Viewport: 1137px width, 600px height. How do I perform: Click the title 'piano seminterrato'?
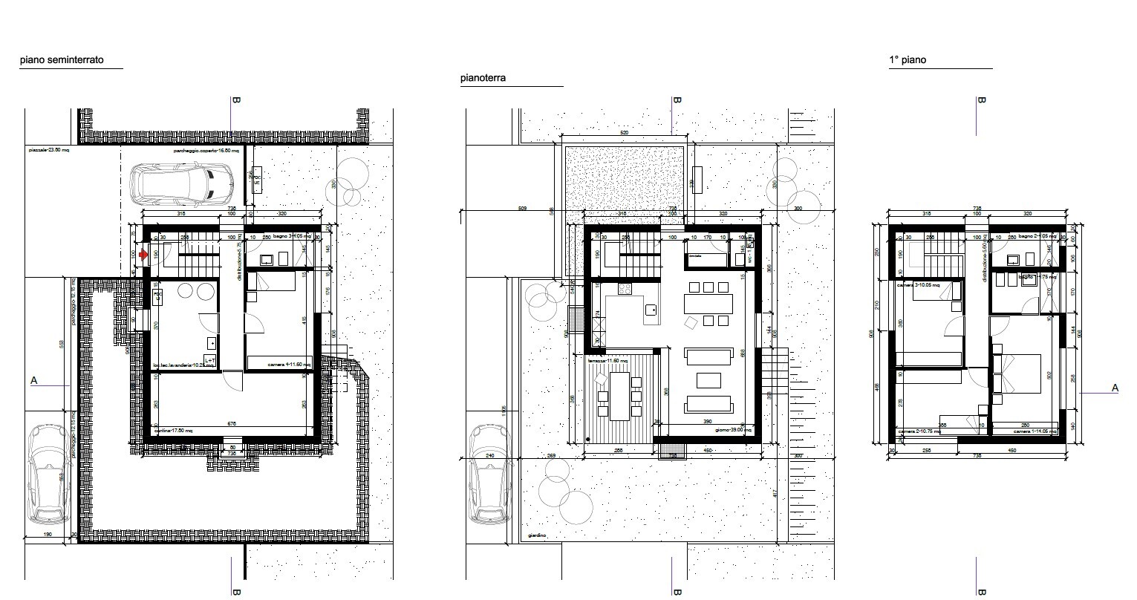point(62,59)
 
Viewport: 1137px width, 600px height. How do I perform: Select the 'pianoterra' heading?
point(483,77)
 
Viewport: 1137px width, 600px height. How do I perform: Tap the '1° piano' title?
point(907,60)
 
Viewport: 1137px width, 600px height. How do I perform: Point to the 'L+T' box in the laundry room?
point(209,360)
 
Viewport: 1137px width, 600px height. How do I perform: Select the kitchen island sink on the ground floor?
point(652,309)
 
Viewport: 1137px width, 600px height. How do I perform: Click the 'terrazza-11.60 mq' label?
point(608,360)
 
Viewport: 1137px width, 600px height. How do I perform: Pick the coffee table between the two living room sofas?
point(709,380)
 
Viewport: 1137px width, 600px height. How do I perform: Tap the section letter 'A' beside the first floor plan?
point(1114,388)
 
